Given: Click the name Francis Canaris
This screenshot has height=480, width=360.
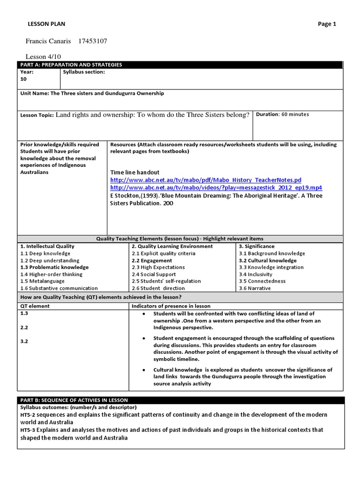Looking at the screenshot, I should [x=48, y=41].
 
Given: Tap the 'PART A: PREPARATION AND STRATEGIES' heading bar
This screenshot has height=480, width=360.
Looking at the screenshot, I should [x=71, y=65].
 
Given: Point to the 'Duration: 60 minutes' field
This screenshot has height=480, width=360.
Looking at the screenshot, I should [x=282, y=114].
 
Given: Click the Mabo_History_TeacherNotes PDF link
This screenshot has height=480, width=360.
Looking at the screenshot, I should [x=206, y=180].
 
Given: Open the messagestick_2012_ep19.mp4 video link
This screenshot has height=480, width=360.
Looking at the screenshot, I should [x=216, y=187].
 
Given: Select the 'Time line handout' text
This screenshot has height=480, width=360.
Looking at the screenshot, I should [x=135, y=172].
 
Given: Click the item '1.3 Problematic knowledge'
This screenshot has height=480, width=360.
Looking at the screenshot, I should [x=54, y=267].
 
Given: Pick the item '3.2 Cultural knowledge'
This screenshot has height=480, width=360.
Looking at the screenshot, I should [x=267, y=260].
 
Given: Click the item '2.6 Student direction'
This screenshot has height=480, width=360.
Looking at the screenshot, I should [x=158, y=288].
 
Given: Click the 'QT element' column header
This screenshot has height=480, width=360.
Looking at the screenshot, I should [x=35, y=306].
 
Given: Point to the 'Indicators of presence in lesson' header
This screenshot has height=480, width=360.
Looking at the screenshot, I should [x=171, y=306].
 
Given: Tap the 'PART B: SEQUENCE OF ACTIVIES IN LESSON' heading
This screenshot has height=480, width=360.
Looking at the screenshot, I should [x=74, y=400].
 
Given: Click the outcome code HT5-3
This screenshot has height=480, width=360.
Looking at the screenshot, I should [x=28, y=430].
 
